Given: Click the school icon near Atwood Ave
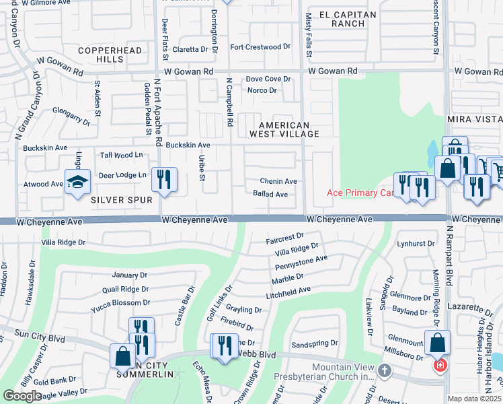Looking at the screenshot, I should coord(78,182).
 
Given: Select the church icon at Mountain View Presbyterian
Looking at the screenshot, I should coord(384,370).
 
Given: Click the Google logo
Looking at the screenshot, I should coord(23,396).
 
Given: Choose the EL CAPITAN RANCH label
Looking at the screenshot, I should coord(342,19).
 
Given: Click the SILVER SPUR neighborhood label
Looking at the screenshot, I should coord(122,200).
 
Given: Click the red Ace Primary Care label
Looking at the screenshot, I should coord(360,193).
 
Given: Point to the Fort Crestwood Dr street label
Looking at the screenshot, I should coord(260,47).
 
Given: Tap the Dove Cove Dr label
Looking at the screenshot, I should coord(268,79).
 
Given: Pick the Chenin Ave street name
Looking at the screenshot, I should coord(279,181).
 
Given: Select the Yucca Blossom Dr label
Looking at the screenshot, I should coord(120,302).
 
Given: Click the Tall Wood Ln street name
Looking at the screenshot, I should coord(122,155).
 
